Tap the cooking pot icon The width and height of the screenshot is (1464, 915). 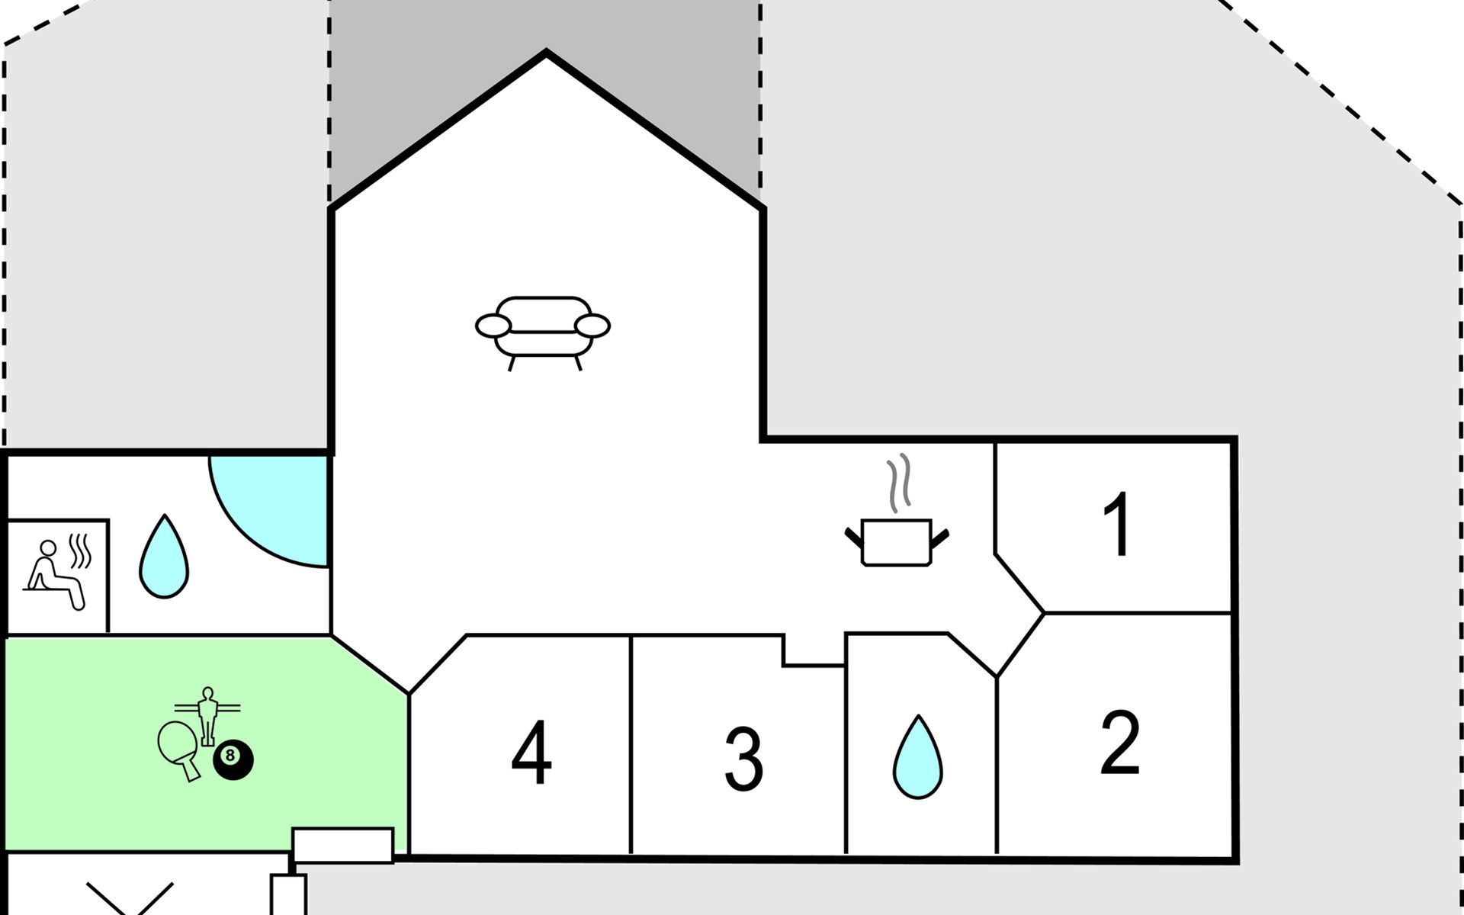[897, 542]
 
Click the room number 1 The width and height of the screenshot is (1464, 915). [1118, 524]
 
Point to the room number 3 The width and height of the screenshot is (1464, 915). [743, 759]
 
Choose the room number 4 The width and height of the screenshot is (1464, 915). [531, 752]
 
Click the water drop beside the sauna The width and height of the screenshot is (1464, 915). [164, 557]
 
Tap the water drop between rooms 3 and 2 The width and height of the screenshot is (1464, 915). [918, 757]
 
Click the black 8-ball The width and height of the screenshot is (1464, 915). [233, 759]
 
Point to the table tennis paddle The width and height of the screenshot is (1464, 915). [180, 750]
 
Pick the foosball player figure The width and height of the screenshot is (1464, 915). [207, 715]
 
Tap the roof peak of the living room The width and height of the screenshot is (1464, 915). [546, 52]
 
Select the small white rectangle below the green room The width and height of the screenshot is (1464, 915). [343, 845]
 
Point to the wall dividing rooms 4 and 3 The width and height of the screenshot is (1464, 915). [631, 744]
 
